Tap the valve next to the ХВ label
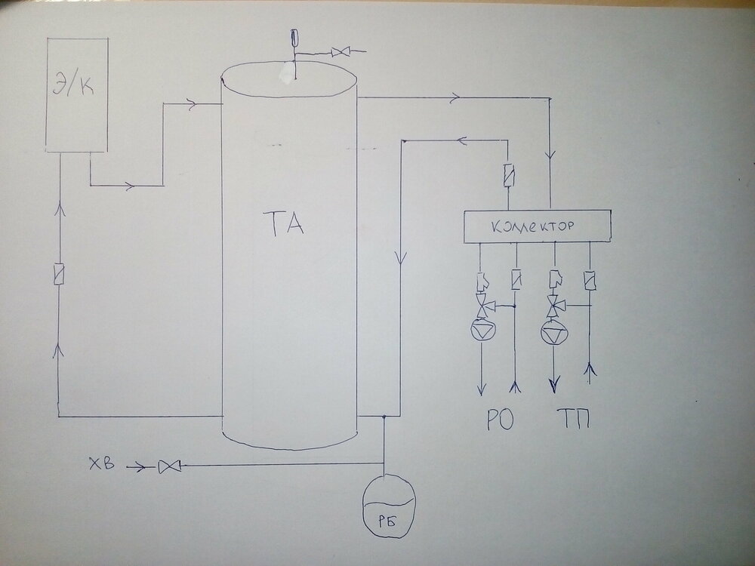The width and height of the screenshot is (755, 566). click(x=166, y=468)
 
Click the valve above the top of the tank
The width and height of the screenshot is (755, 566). click(x=343, y=52)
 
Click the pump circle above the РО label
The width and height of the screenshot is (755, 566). click(x=481, y=329)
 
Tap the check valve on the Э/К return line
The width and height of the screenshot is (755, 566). click(x=58, y=273)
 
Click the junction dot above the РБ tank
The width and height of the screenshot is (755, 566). click(x=384, y=416)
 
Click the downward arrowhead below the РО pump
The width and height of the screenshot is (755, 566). click(x=481, y=388)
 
